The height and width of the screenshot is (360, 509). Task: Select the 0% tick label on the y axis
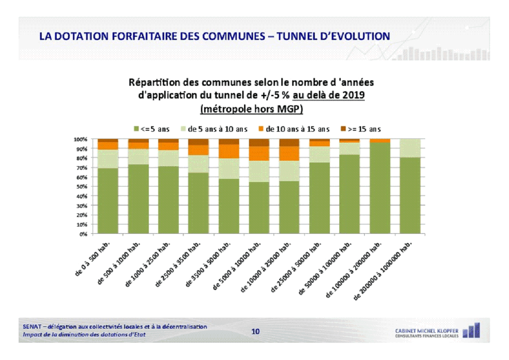point(83,234)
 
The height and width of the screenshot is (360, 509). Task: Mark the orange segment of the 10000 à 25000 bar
point(289,153)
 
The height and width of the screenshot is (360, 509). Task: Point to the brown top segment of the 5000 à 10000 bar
point(259,143)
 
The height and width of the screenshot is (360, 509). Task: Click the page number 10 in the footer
point(255,332)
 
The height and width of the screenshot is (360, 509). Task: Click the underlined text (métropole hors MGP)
point(251,109)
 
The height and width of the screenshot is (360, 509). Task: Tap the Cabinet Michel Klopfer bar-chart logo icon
point(471,330)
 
